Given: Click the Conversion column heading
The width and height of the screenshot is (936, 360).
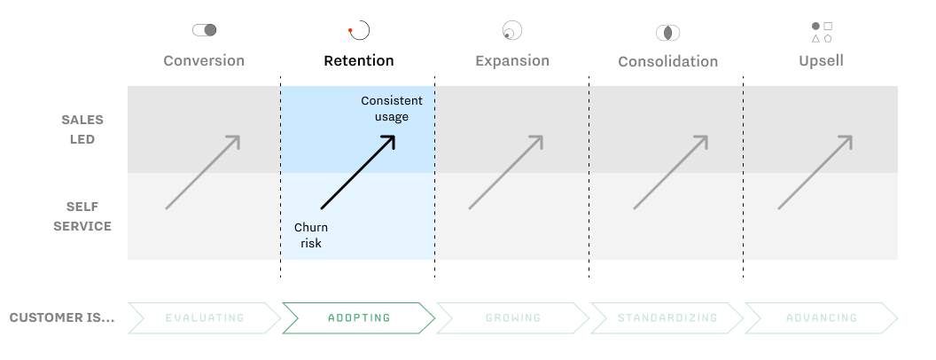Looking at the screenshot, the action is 204,61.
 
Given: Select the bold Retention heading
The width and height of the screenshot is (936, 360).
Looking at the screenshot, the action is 359,61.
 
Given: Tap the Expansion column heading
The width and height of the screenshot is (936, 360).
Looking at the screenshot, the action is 512,61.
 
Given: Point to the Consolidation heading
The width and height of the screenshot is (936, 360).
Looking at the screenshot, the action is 668,61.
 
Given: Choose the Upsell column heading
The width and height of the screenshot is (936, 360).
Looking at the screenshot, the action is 822,61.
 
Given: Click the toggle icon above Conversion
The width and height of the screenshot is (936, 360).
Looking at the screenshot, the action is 204,30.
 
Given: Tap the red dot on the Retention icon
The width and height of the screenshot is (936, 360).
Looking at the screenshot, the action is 350,30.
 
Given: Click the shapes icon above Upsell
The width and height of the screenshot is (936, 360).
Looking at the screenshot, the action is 822,32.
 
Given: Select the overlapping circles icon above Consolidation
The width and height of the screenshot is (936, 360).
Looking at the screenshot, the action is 668,33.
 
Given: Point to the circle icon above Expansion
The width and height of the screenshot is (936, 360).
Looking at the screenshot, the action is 512,30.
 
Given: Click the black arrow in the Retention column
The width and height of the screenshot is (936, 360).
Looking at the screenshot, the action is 358,173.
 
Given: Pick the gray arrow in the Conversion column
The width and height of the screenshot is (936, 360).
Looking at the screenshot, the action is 203,173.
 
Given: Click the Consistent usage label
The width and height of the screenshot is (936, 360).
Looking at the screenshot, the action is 392,109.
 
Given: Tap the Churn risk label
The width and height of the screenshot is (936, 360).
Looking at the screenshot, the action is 311,235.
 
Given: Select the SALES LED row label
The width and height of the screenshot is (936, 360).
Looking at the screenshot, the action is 82,129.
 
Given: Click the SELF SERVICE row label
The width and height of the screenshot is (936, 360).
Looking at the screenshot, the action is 82,216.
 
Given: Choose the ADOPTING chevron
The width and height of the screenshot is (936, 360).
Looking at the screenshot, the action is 359,317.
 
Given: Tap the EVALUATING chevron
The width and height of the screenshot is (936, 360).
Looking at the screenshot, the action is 205,317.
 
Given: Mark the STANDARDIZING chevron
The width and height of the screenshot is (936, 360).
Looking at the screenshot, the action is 667,317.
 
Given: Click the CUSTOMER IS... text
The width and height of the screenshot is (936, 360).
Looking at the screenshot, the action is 62,317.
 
